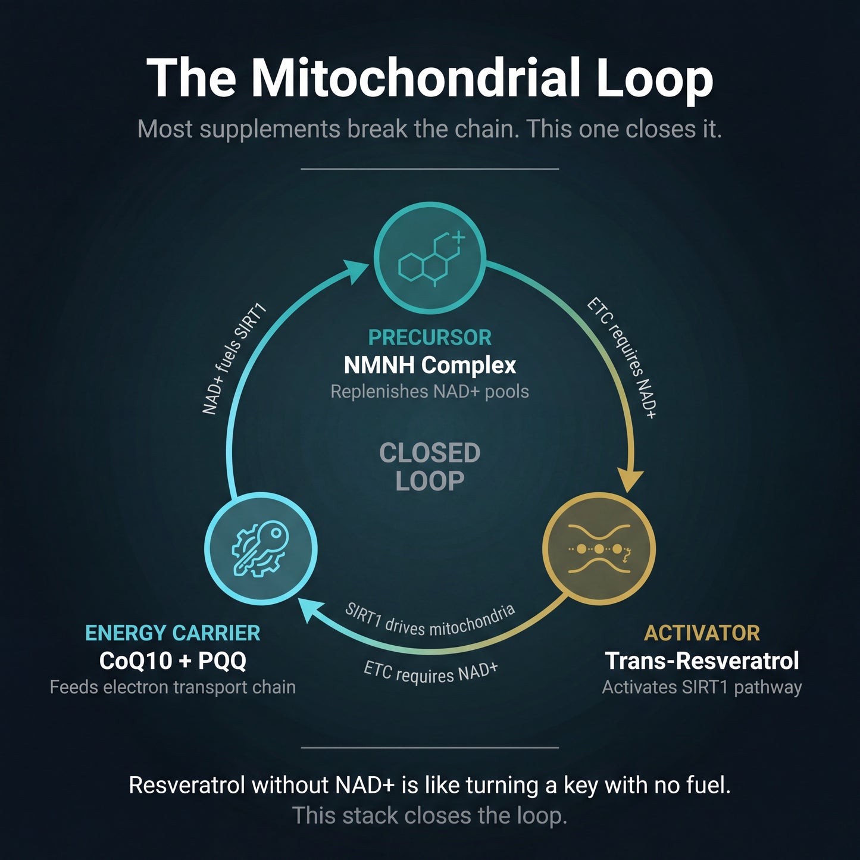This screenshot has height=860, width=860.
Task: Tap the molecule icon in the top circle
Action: click(430, 258)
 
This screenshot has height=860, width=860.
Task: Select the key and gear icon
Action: click(261, 548)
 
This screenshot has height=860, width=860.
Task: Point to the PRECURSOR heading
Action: click(430, 337)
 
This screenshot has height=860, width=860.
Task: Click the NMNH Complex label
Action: click(430, 365)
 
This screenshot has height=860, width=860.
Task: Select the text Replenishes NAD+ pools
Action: click(430, 392)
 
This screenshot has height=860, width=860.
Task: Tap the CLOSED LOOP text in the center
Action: click(430, 467)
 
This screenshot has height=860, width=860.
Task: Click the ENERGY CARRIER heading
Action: click(173, 633)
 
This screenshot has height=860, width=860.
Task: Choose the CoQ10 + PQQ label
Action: click(173, 660)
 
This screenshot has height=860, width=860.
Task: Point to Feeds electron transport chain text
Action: click(173, 687)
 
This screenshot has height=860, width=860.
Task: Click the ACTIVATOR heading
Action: click(702, 633)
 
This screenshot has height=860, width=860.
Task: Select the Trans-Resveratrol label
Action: click(702, 661)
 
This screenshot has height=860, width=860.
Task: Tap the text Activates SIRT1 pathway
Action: click(702, 687)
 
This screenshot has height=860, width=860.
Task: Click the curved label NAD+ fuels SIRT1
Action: click(234, 359)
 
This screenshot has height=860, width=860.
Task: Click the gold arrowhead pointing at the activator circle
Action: click(630, 480)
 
